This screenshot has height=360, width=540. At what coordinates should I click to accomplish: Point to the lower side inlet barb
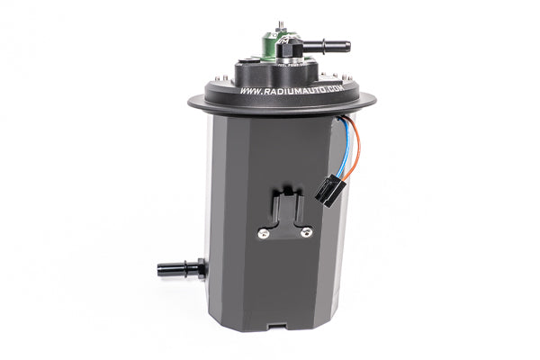(181, 267)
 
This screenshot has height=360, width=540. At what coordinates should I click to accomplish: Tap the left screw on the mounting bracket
(263, 234)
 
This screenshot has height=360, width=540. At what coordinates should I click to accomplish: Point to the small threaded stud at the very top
(280, 21)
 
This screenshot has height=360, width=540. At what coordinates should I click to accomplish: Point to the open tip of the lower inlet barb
(160, 267)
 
